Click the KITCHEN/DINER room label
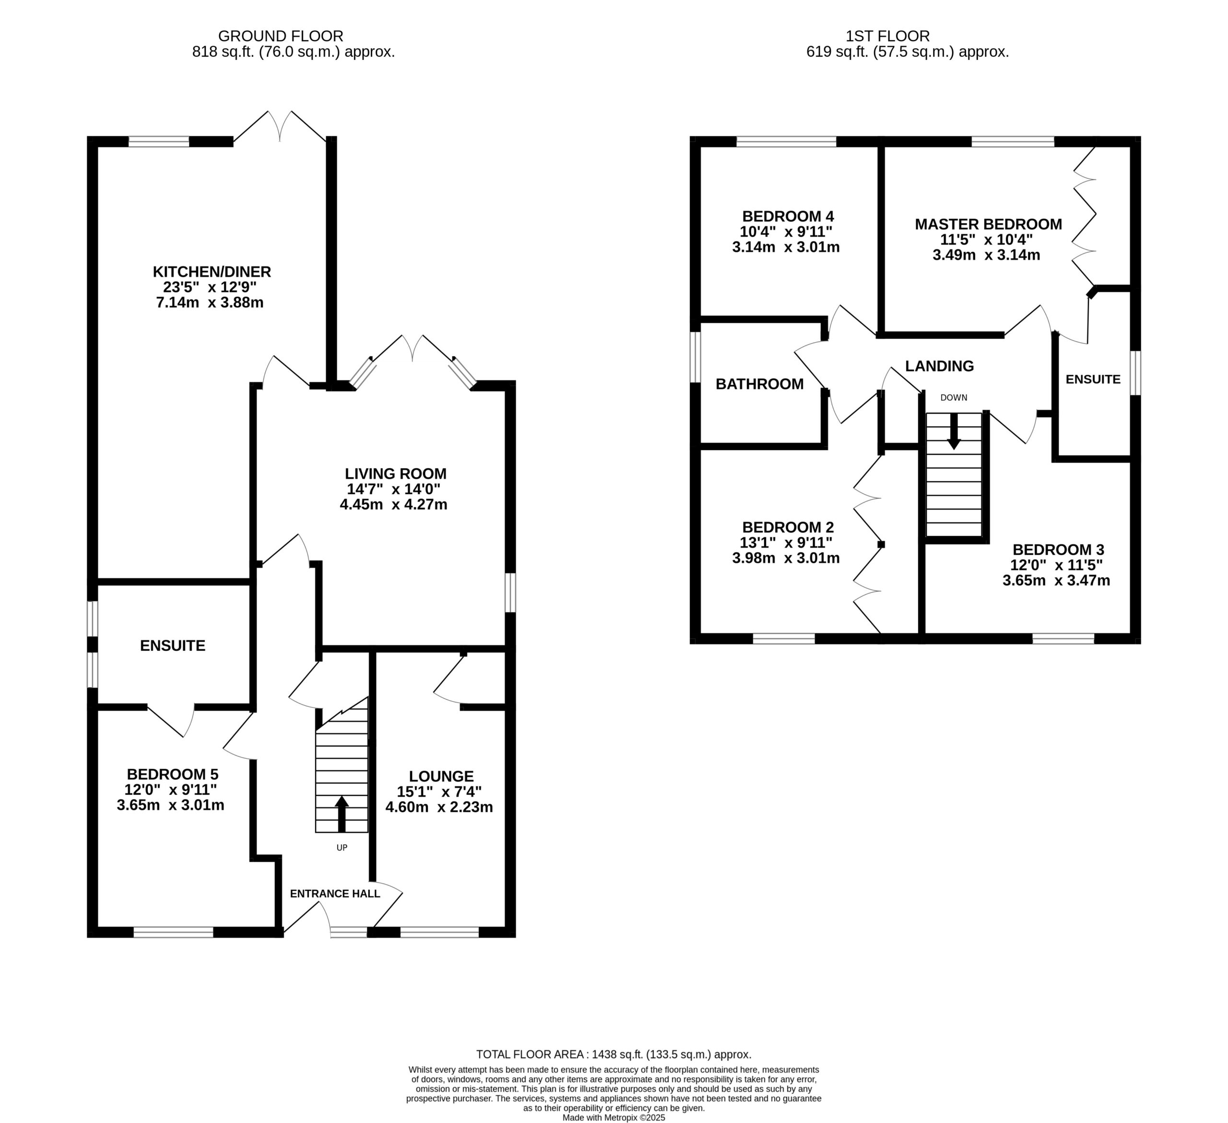pyautogui.click(x=212, y=272)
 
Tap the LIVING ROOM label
pyautogui.click(x=396, y=474)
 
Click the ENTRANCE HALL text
pyautogui.click(x=335, y=893)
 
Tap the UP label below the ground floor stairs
pyautogui.click(x=342, y=848)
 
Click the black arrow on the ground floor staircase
pyautogui.click(x=342, y=814)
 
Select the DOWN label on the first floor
pyautogui.click(x=954, y=398)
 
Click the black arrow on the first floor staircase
pyautogui.click(x=954, y=432)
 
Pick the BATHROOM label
pyautogui.click(x=759, y=384)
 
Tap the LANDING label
pyautogui.click(x=939, y=366)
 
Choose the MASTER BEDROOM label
pyautogui.click(x=989, y=224)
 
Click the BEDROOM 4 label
pyautogui.click(x=788, y=216)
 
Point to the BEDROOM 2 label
pyautogui.click(x=788, y=527)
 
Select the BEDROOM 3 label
pyautogui.click(x=1059, y=550)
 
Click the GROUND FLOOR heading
pyautogui.click(x=281, y=36)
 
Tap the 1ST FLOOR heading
pyautogui.click(x=888, y=36)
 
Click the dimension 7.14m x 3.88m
pyautogui.click(x=210, y=302)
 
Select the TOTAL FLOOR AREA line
pyautogui.click(x=614, y=1054)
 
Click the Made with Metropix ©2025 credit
pyautogui.click(x=614, y=1118)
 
